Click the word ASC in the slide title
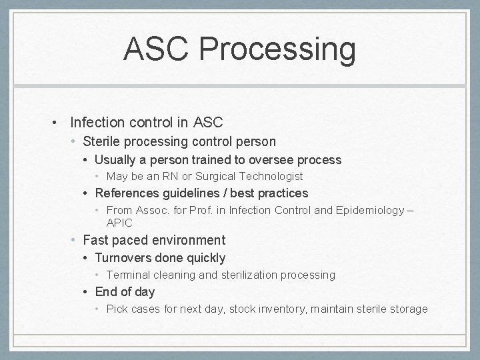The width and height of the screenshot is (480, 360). coord(157,50)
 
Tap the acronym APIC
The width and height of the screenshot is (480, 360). coord(119,223)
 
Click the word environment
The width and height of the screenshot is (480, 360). coord(190,240)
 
